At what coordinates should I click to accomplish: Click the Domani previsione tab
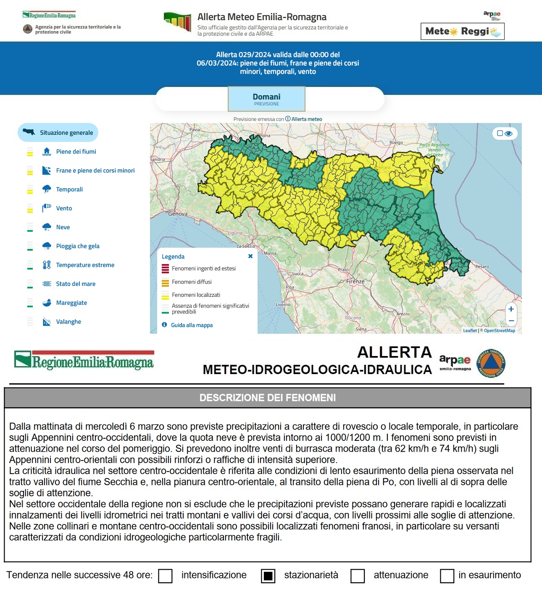(266, 99)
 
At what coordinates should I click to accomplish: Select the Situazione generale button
(58, 133)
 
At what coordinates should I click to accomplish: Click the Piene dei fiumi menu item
(76, 152)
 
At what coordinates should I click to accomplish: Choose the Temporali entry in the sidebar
(69, 189)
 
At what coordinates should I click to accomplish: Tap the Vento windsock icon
(47, 208)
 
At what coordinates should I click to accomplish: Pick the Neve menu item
(63, 227)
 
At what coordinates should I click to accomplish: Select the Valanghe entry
(68, 322)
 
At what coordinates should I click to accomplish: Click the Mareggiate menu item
(71, 303)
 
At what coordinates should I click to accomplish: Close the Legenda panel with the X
(250, 256)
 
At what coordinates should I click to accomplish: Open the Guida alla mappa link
(192, 325)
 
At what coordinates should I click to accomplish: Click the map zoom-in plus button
(511, 309)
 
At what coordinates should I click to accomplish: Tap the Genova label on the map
(178, 214)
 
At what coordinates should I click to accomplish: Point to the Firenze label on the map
(355, 281)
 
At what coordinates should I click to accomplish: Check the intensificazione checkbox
(166, 576)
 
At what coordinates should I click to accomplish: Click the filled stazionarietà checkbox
(268, 576)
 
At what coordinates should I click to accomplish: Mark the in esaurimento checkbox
(447, 576)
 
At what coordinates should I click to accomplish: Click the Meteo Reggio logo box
(462, 31)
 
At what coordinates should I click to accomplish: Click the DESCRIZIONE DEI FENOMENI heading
(267, 398)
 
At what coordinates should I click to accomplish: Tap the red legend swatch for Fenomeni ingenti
(165, 269)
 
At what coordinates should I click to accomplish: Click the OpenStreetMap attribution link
(499, 330)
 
